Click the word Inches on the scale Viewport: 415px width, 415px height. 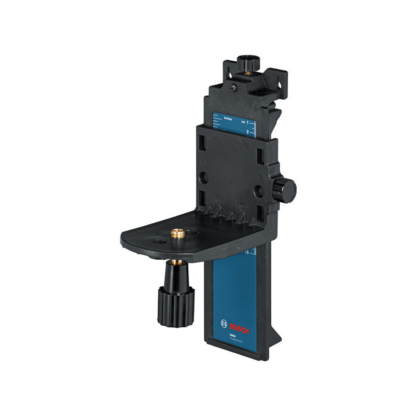coord(228,119)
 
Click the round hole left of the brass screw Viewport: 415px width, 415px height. coord(156,242)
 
